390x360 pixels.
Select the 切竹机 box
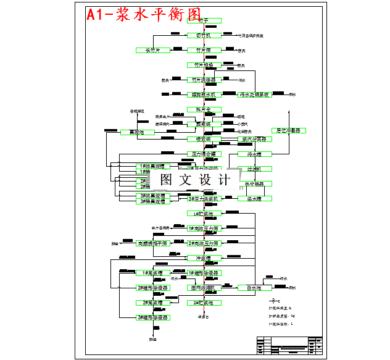coord(204,36)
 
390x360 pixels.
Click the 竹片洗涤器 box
coord(204,80)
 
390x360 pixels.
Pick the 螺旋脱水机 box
coord(204,94)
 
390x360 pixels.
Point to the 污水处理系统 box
coord(255,94)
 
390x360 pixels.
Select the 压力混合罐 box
coord(204,154)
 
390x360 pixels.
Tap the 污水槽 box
coord(255,154)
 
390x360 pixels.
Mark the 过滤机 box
coord(255,169)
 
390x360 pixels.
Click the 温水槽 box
coord(255,198)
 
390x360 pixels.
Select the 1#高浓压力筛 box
coord(204,228)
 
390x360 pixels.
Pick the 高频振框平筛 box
coord(152,243)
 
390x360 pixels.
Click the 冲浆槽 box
coord(204,258)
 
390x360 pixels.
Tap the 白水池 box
coord(255,288)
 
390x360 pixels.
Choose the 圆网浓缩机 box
coord(204,288)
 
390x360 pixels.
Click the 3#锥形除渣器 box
coord(152,317)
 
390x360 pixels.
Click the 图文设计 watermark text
coord(195,180)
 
